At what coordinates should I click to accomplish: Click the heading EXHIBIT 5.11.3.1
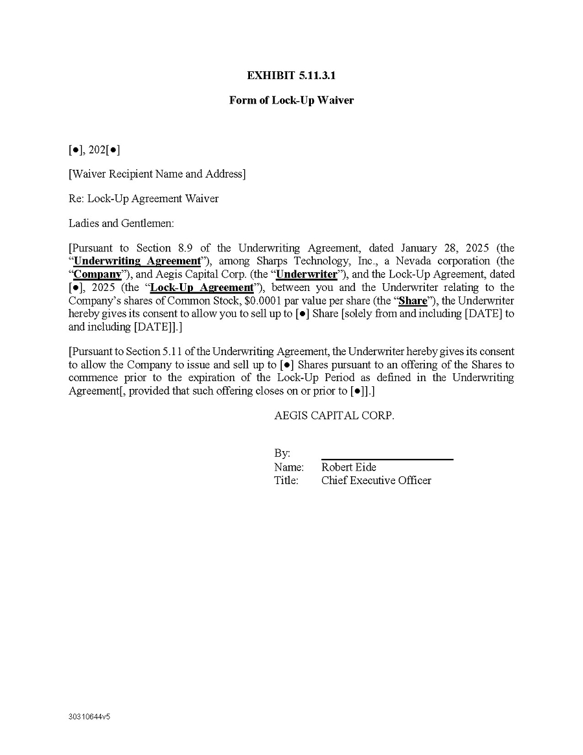coord(291,76)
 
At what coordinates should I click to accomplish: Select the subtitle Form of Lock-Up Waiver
coord(291,100)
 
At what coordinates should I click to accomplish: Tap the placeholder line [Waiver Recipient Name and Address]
coord(157,174)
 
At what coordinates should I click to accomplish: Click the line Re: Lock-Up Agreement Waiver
coord(143,198)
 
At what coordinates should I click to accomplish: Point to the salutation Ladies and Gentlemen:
coord(121,223)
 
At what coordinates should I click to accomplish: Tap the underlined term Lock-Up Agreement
coord(201,288)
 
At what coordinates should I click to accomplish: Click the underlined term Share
coord(413,301)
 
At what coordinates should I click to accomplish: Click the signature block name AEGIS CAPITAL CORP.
coord(334,415)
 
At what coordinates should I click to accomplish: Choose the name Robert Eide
coord(349,467)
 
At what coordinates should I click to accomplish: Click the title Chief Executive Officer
coord(376,480)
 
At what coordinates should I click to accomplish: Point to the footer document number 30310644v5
coord(89,717)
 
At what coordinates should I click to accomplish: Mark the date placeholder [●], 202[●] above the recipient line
coord(94,150)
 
